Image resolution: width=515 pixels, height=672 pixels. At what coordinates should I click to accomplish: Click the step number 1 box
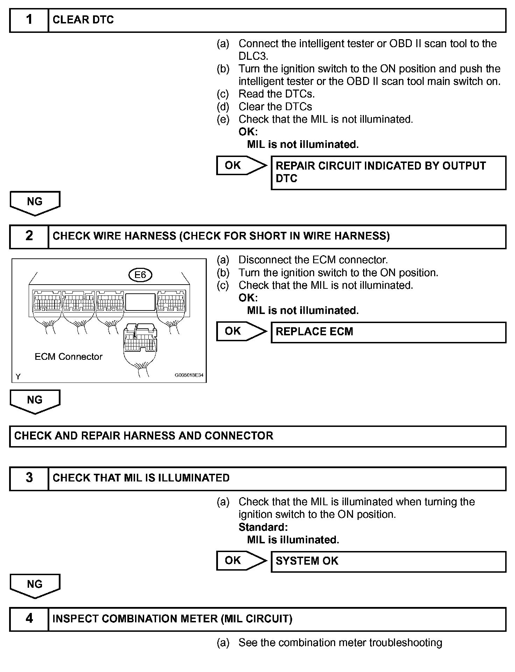pos(29,20)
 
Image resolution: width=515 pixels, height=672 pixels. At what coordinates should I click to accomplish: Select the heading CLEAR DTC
pos(83,20)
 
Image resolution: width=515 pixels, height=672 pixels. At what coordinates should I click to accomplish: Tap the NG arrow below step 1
pos(35,202)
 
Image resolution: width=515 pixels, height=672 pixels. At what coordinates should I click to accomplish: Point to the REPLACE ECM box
pos(388,332)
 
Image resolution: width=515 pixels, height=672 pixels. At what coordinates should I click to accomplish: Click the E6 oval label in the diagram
pos(140,275)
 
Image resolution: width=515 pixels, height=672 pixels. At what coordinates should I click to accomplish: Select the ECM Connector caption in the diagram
pos(69,357)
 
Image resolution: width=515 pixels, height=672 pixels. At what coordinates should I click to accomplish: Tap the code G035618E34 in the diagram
pos(189,375)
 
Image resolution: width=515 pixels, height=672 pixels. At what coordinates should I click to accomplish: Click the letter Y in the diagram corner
pos(18,377)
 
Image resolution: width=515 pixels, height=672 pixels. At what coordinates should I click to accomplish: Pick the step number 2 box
pos(29,236)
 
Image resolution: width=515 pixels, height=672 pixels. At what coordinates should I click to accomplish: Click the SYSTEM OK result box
pos(388,561)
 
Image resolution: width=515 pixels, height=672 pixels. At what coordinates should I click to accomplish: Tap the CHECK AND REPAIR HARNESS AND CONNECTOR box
pos(257,436)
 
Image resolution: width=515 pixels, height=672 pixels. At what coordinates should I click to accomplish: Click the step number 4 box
pos(29,619)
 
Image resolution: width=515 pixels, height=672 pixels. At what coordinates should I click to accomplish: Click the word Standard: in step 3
pos(263,527)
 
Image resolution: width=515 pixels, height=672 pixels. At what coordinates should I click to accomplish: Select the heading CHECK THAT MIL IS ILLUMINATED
pos(141,478)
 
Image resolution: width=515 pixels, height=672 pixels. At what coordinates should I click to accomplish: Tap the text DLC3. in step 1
pos(253,56)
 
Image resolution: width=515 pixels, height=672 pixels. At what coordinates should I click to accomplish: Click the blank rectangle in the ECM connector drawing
pos(140,302)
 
